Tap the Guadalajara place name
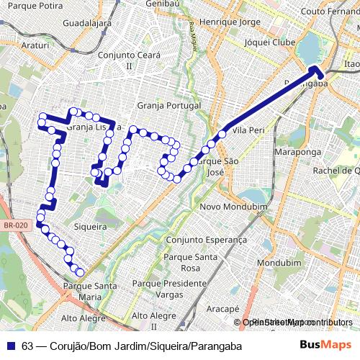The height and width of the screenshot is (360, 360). tap(87, 23)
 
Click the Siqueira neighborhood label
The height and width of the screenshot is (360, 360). tap(90, 226)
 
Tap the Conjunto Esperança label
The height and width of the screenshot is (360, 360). tap(206, 240)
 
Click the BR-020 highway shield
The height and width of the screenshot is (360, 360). tap(15, 225)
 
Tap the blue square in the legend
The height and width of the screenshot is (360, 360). tap(10, 346)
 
